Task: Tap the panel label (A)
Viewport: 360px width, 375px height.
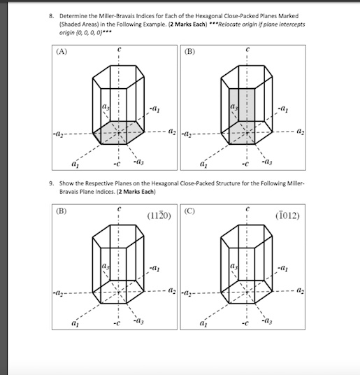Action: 55,50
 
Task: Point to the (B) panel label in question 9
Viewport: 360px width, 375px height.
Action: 55,206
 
